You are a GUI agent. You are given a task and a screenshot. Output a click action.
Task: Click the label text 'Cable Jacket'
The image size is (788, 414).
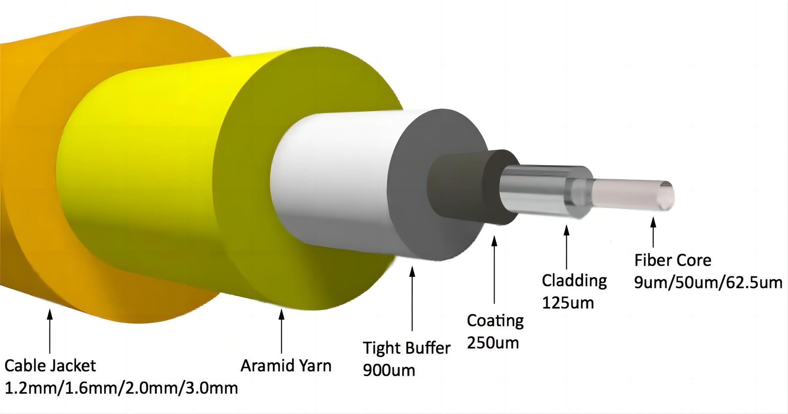coord(50,366)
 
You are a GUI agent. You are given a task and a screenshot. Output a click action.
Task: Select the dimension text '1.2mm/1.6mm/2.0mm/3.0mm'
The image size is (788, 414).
coord(121,388)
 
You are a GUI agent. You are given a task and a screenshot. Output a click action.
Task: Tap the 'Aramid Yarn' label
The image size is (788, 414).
coord(286,366)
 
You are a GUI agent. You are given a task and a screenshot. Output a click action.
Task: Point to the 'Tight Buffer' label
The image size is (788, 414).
coord(406,348)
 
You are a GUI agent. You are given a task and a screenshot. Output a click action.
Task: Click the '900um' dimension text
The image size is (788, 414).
coord(389,370)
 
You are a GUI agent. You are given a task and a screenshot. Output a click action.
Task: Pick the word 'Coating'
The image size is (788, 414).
coord(495,321)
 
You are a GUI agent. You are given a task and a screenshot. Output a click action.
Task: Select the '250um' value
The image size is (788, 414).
coord(493,343)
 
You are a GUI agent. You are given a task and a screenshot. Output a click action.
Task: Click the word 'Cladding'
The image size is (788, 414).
coord(574,281)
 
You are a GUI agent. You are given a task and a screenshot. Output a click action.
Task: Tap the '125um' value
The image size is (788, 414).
coord(568,303)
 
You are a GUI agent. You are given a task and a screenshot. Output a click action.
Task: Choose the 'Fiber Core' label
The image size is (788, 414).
coord(673,260)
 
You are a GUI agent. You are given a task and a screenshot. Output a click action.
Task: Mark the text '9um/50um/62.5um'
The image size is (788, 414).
coord(708,283)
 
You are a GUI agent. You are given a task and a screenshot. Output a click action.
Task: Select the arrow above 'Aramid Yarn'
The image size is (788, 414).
coord(281,331)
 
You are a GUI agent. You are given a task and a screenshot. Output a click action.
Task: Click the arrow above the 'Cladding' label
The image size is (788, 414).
coord(567,247)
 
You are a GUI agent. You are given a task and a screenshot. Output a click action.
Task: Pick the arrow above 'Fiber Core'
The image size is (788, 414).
coord(653,232)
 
